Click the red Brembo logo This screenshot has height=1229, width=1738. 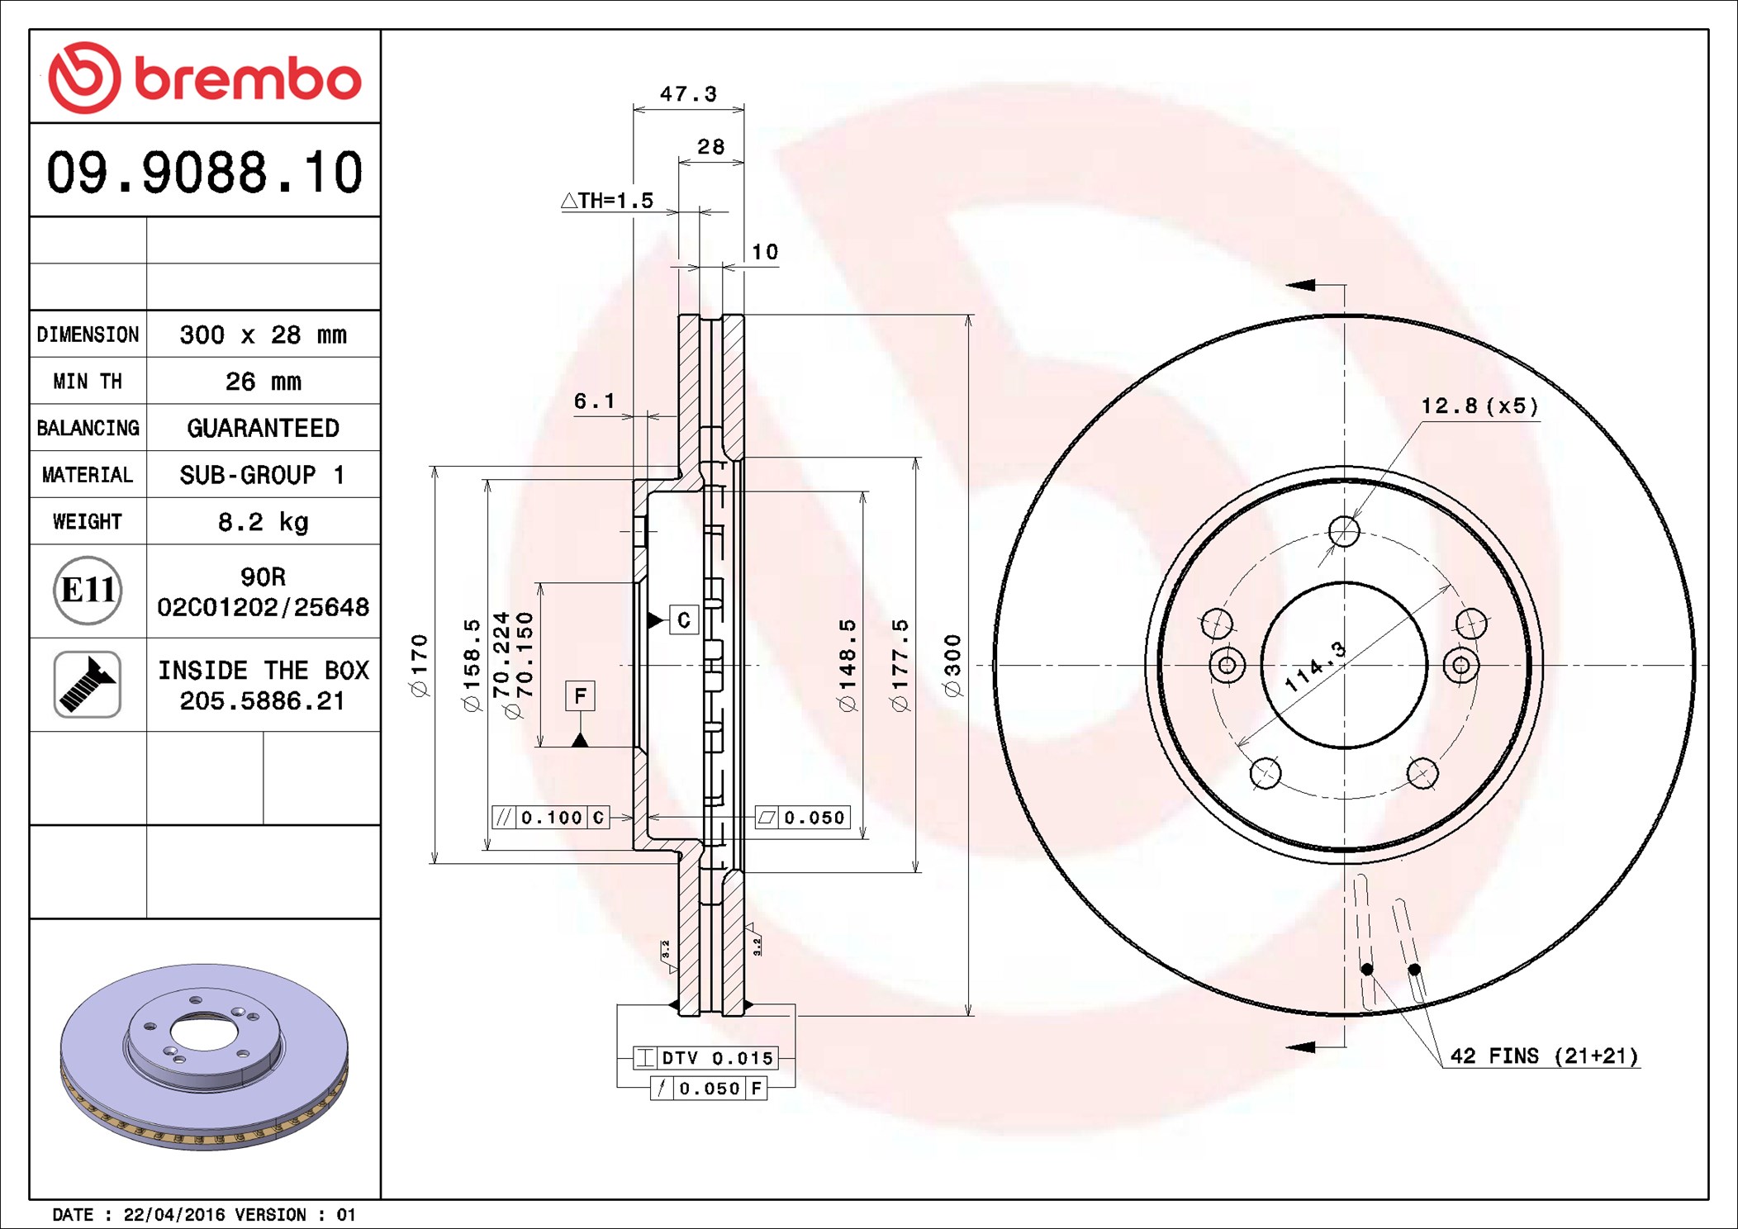[x=204, y=78]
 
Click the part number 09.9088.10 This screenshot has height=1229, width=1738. [x=204, y=173]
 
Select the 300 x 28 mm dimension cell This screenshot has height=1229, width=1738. [x=263, y=335]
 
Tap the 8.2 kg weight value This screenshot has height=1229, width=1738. [x=263, y=522]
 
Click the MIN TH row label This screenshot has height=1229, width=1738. [x=88, y=382]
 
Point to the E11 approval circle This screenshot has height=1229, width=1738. [x=88, y=591]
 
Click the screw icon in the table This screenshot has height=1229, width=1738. [x=88, y=684]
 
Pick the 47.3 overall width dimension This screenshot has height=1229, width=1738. [x=687, y=94]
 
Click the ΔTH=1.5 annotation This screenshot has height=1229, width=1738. [x=607, y=201]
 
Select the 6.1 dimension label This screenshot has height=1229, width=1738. [x=594, y=401]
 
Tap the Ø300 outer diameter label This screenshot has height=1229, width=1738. [x=953, y=665]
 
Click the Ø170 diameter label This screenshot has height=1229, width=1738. [x=420, y=665]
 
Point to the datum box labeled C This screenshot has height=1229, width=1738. [x=683, y=620]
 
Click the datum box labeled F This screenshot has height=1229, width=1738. [x=580, y=695]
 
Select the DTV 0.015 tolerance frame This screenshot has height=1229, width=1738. [x=705, y=1058]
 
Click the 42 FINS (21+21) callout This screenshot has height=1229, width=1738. [x=1544, y=1056]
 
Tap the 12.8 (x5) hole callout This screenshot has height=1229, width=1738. [x=1479, y=406]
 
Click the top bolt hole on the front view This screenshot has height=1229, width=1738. [x=1344, y=531]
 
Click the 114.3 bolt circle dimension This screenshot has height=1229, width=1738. [x=1315, y=667]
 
